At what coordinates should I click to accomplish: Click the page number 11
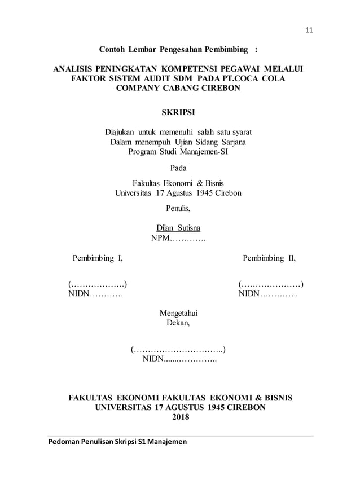click(308, 30)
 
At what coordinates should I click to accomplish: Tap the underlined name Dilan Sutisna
click(178, 228)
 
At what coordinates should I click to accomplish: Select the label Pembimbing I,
click(98, 259)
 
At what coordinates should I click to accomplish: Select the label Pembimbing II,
click(269, 259)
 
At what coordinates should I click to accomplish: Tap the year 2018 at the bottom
click(180, 417)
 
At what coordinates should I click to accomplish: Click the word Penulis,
click(178, 208)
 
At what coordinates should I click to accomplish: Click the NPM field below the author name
click(178, 239)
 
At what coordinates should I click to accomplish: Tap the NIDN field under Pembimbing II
click(268, 294)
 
